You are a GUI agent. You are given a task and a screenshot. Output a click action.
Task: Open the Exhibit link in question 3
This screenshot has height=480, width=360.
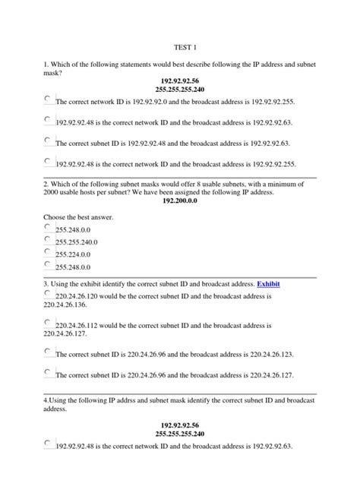click(x=269, y=284)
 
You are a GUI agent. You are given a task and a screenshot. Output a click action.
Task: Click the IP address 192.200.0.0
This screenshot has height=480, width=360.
click(x=180, y=202)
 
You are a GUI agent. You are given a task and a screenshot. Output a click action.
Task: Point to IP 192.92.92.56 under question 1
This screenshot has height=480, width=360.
click(x=179, y=80)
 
